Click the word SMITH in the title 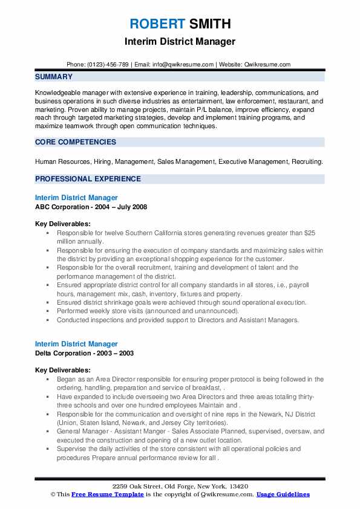click(x=209, y=24)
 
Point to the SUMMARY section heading click(x=54, y=77)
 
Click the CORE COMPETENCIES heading click(x=76, y=142)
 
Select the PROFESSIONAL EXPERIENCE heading click(x=88, y=179)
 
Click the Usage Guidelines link click(x=283, y=494)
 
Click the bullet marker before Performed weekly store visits click(x=48, y=311)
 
